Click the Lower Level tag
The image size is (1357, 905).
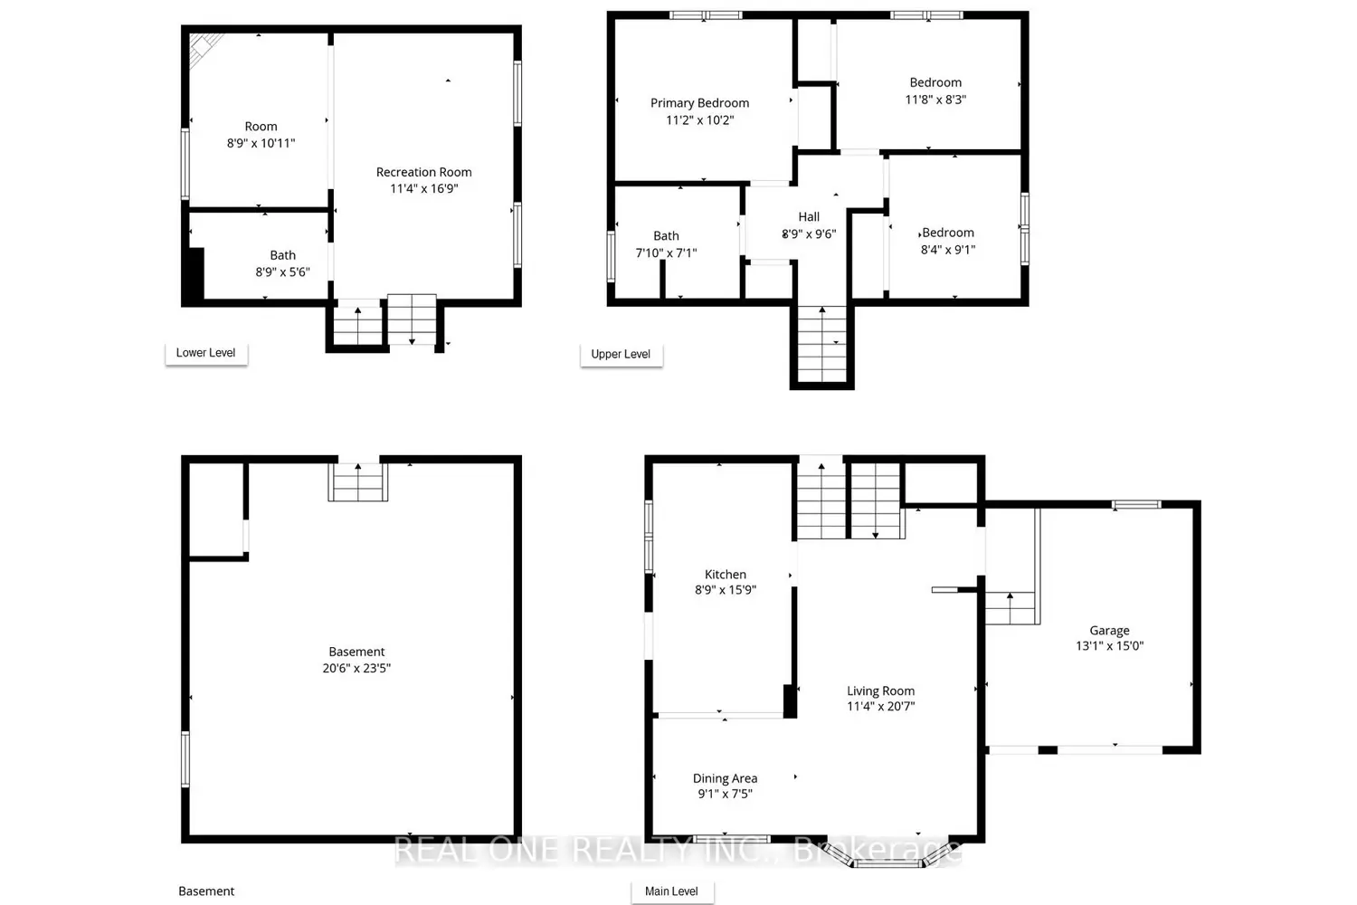(x=206, y=353)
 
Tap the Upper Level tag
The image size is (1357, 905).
(x=621, y=354)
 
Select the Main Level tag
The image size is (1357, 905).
(x=672, y=891)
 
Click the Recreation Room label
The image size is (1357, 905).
(x=424, y=172)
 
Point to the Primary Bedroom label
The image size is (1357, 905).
(x=699, y=103)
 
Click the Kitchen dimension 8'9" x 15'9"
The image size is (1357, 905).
(x=726, y=590)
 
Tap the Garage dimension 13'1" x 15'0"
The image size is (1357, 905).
(x=1109, y=646)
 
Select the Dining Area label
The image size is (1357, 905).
(x=726, y=778)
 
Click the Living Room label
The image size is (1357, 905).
(x=881, y=691)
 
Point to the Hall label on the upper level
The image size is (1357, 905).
(x=809, y=217)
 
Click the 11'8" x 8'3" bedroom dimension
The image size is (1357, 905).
(x=935, y=100)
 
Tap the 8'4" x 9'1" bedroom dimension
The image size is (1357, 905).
(x=948, y=250)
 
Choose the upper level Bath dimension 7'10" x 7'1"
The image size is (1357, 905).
(x=667, y=252)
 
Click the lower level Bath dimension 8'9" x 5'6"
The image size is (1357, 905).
(x=283, y=272)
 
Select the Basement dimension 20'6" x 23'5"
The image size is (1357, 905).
(x=356, y=668)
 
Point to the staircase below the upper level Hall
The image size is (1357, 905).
(x=822, y=344)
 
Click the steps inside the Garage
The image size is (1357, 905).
(x=1011, y=608)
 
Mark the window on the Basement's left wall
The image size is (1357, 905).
(x=185, y=759)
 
